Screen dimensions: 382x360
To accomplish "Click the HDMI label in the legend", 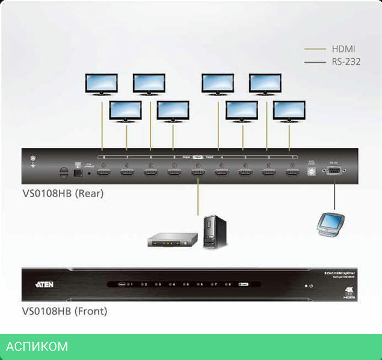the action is coord(343,49).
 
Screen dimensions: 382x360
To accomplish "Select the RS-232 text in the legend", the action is coord(346,61).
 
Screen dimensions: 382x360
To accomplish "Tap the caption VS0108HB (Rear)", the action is coord(63,194).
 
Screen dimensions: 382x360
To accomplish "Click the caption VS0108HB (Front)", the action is coord(64,311).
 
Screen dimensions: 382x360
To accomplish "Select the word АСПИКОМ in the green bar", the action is coord(37,347).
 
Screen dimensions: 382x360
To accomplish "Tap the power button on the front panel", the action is coord(311,286).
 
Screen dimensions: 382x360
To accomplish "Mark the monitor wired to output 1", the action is coord(289,111).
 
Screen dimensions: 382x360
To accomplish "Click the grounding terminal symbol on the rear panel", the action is coord(34,161).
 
